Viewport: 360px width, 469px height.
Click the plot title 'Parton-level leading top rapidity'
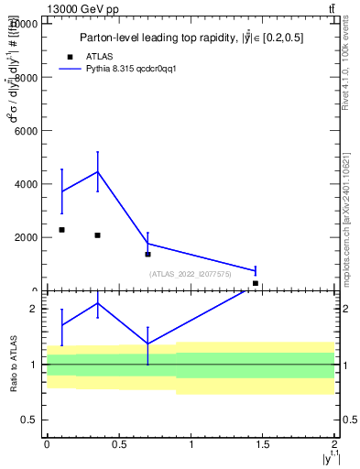coord(191,38)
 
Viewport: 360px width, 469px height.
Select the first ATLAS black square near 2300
coord(61,230)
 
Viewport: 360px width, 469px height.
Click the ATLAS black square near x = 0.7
coord(147,254)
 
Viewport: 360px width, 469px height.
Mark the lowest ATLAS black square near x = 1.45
coord(256,283)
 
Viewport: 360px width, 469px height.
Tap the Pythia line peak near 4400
coord(97,171)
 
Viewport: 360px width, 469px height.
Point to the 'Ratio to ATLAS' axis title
coord(13,364)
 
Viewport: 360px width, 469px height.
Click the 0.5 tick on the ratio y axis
coord(29,420)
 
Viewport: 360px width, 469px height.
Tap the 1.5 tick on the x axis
coord(262,444)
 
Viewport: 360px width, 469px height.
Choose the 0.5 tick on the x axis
coord(118,444)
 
